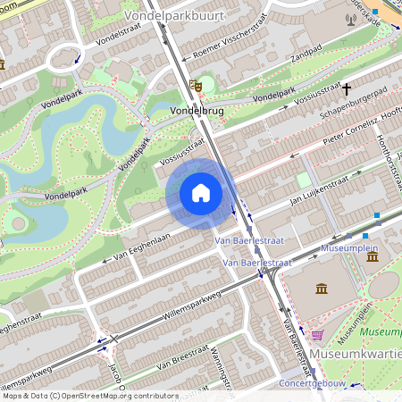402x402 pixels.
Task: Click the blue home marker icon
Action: pos(201,193)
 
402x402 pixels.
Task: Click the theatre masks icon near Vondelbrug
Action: pos(197,86)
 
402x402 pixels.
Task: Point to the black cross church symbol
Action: pos(347,88)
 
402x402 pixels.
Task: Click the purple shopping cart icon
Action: pos(317,335)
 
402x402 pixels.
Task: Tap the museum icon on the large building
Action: pos(321,288)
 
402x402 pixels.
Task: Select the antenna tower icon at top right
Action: pos(349,18)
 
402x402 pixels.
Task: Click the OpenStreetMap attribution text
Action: pos(90,396)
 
